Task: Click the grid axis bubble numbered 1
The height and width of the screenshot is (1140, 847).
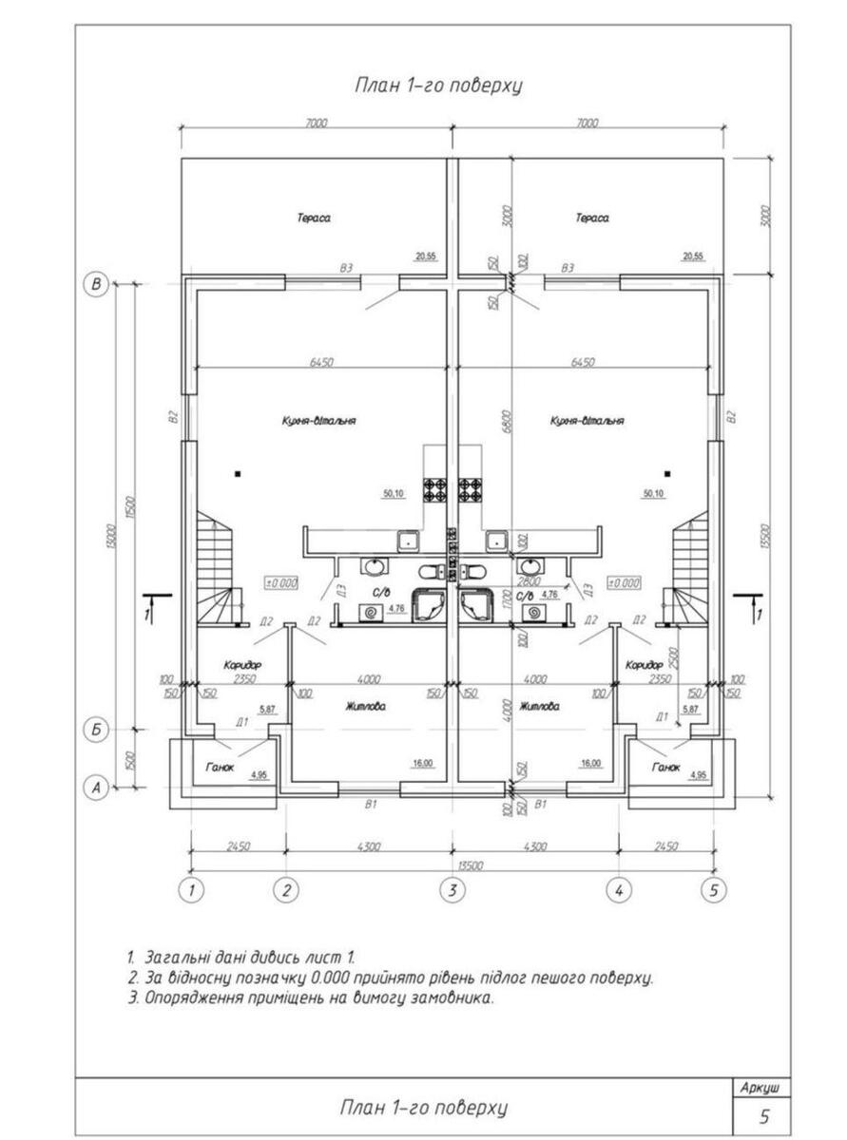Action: coord(192,890)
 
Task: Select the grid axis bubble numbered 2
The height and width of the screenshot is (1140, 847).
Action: coord(286,890)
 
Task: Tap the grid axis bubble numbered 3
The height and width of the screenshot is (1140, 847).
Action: coord(452,890)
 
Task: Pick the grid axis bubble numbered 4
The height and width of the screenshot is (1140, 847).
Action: coord(619,890)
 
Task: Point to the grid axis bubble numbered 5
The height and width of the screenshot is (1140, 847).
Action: coord(713,890)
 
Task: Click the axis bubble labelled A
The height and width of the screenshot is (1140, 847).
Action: coord(95,787)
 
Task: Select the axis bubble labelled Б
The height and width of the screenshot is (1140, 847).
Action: coord(95,730)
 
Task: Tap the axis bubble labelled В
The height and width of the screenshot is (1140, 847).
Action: coord(95,284)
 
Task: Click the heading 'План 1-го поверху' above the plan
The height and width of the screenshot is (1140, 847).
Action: coord(438,85)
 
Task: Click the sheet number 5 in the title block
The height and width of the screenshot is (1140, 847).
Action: coord(763,1115)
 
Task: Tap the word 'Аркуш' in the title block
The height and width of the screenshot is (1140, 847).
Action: coord(763,1087)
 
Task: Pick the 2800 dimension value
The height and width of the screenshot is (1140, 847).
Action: coord(529,580)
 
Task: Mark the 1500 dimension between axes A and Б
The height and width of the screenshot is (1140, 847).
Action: coord(130,759)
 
